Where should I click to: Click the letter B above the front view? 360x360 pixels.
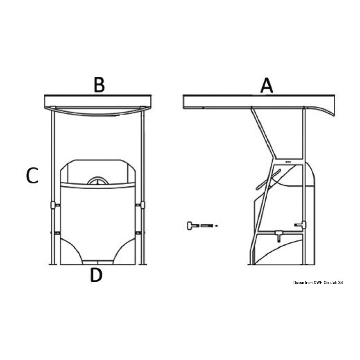[x=99, y=85]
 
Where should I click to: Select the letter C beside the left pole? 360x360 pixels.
[x=32, y=176]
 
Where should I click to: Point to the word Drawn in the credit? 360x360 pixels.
[x=299, y=283]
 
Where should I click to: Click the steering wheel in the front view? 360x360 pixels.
[x=98, y=181]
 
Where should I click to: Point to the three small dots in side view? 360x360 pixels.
[x=288, y=162]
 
